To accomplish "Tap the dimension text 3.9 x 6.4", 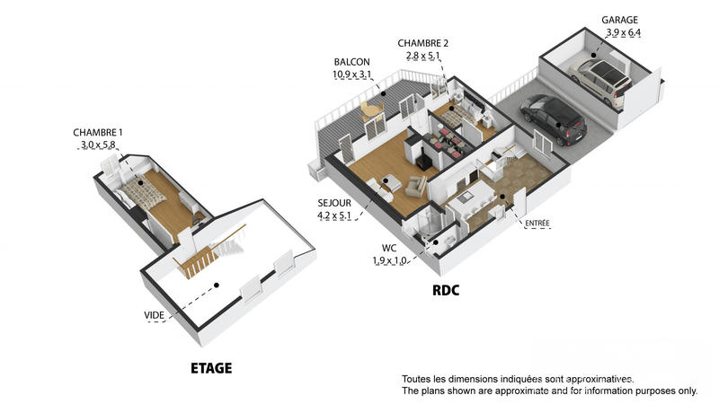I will pyautogui.click(x=623, y=32).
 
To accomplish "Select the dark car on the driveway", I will pyautogui.click(x=551, y=120).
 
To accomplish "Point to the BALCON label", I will pyautogui.click(x=351, y=62).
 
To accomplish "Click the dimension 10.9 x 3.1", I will pyautogui.click(x=351, y=75).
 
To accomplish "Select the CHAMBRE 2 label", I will pyautogui.click(x=423, y=43).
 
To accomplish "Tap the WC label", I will pyautogui.click(x=389, y=248).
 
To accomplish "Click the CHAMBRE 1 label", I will pyautogui.click(x=98, y=133).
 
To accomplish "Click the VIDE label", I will pyautogui.click(x=154, y=315).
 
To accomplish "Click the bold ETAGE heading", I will pyautogui.click(x=211, y=368).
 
